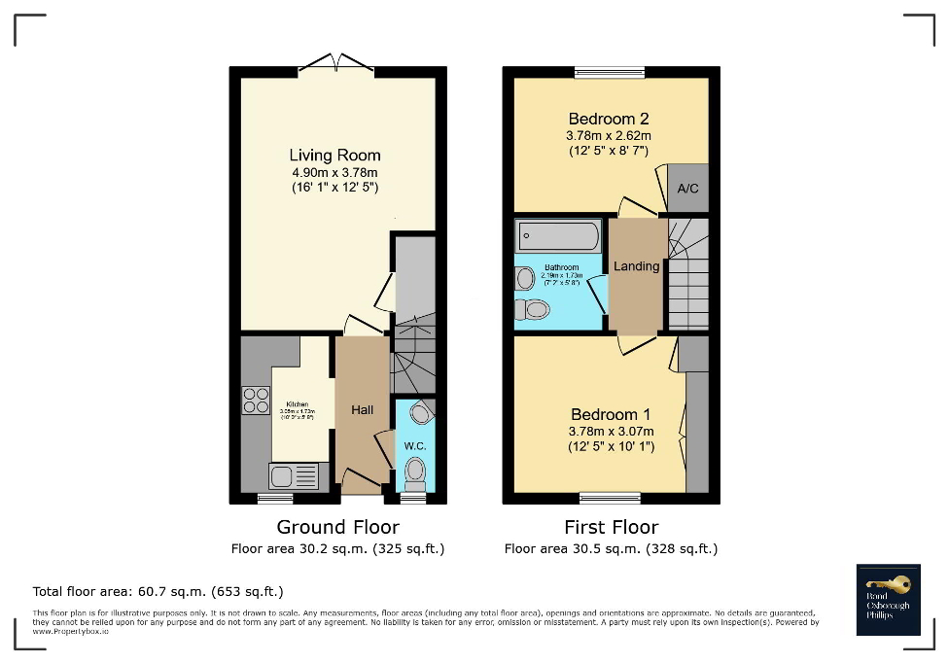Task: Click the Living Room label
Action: tap(334, 156)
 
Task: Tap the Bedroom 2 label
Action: tap(609, 120)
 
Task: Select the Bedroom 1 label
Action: tap(611, 415)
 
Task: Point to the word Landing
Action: tap(637, 266)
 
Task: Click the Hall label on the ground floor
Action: tap(362, 410)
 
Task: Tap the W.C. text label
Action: tap(415, 446)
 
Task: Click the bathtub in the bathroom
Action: tap(558, 236)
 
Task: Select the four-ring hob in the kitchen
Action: tap(256, 400)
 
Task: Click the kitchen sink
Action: tap(294, 476)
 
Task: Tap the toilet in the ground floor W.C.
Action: tap(415, 472)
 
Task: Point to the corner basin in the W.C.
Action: tap(420, 414)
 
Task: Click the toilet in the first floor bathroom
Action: tap(532, 310)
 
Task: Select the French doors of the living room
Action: tap(335, 65)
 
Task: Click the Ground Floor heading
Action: tap(337, 527)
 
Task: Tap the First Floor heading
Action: tap(611, 527)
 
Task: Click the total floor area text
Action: tap(158, 591)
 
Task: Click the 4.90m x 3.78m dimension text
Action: tap(334, 172)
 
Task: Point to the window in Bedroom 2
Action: tap(610, 72)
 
